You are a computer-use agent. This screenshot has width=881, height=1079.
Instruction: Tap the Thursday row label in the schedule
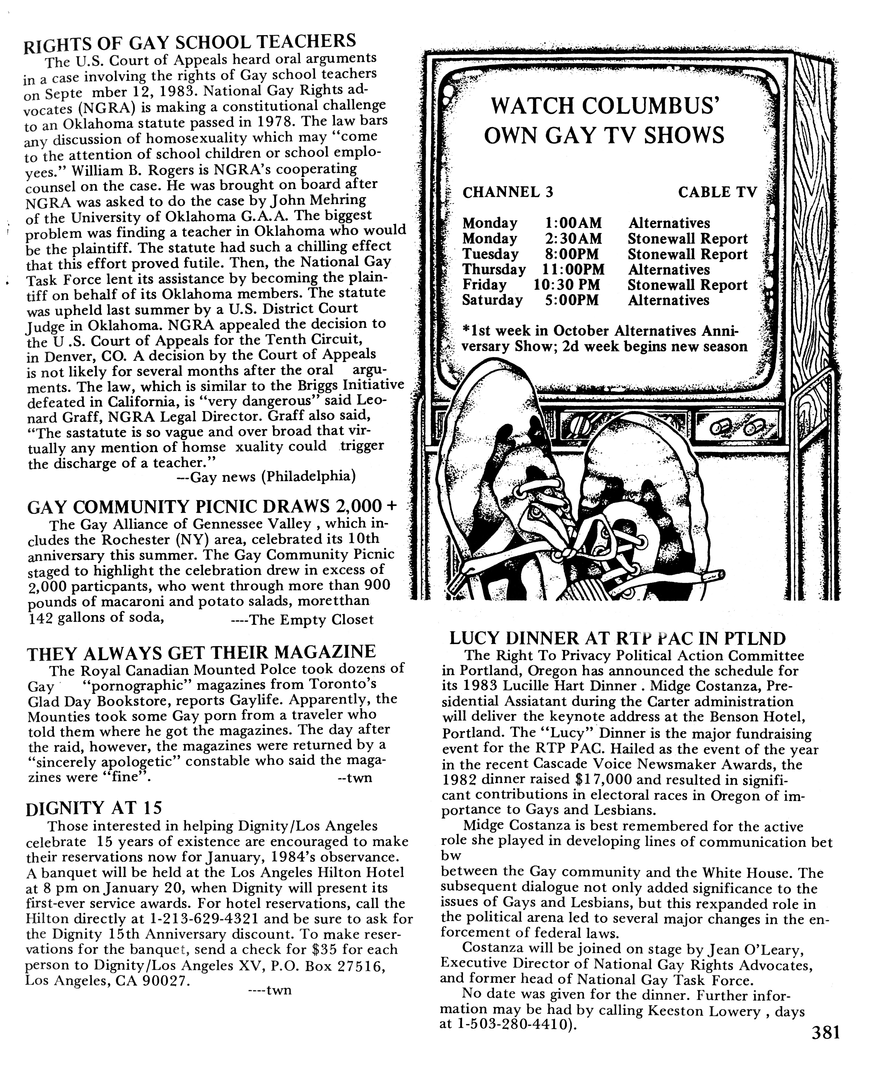click(x=494, y=270)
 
